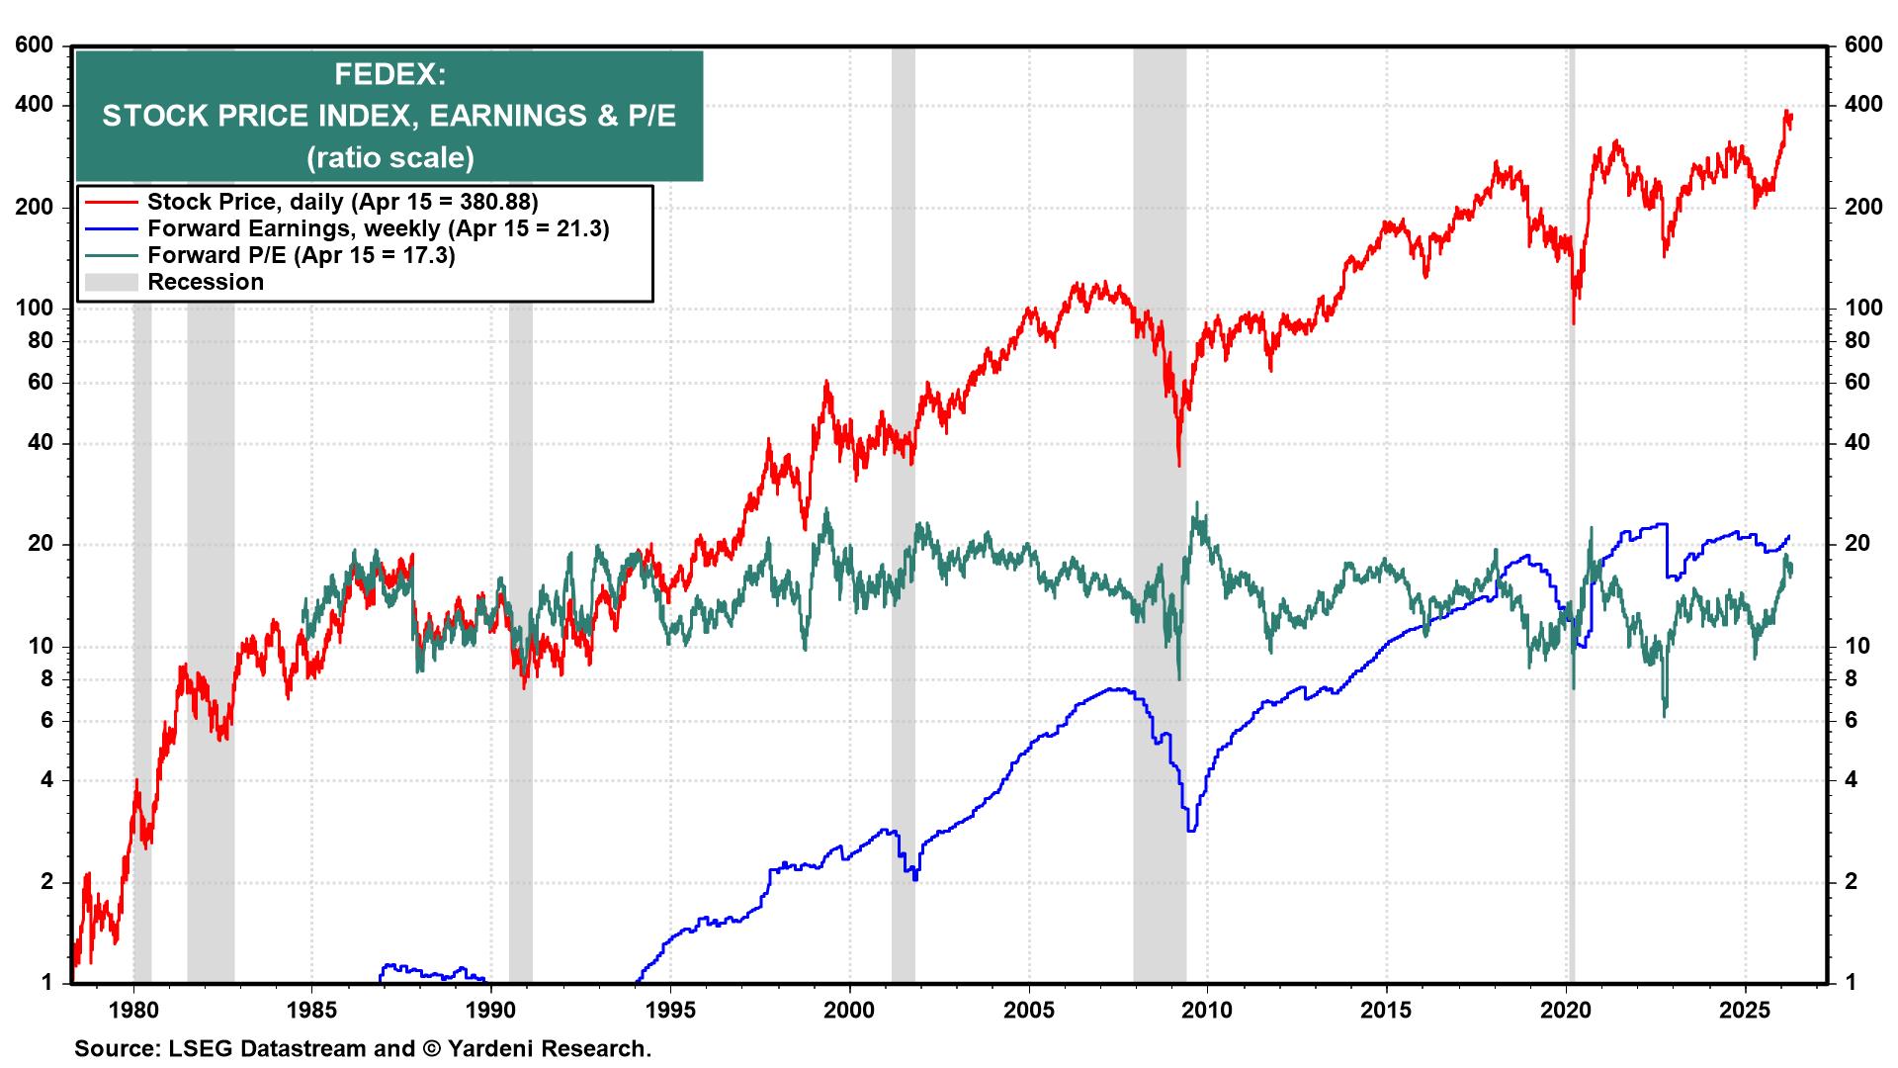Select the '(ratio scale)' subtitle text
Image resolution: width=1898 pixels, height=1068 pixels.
(389, 157)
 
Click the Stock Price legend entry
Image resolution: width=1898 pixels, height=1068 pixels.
(342, 202)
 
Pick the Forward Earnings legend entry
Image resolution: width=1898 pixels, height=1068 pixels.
(378, 228)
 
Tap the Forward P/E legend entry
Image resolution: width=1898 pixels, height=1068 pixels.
(301, 255)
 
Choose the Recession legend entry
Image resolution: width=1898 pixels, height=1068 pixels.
(206, 282)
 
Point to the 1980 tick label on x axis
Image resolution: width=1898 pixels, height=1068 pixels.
(133, 1011)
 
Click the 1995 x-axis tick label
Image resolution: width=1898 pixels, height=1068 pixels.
(671, 1011)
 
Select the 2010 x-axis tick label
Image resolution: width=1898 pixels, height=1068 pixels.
(1208, 1011)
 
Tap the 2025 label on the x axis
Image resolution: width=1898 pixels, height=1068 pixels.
(1746, 1011)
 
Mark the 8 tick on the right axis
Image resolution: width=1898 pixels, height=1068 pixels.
(1855, 678)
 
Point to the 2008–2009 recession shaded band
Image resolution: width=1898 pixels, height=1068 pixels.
(1159, 514)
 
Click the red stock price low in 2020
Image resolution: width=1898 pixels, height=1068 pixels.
(1573, 322)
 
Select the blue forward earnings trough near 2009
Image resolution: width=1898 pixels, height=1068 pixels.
(1191, 830)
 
